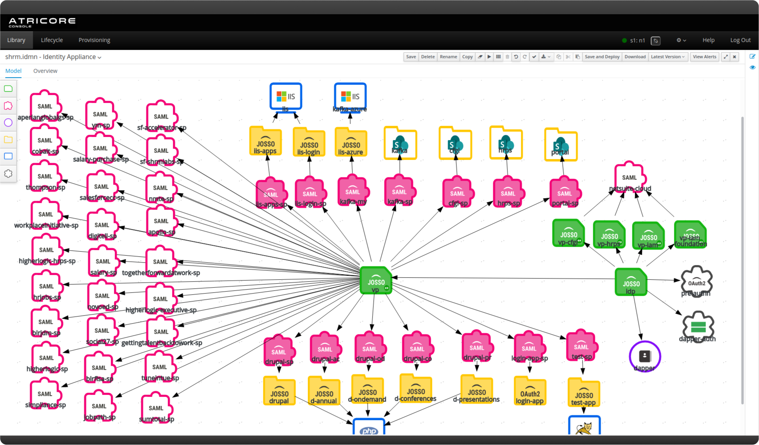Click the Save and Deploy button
click(602, 57)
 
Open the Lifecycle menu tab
click(52, 40)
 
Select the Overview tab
click(45, 71)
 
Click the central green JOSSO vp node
click(376, 280)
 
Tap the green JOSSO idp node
click(631, 282)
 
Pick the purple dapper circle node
click(645, 356)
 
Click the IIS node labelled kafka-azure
click(350, 96)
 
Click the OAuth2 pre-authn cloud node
click(697, 282)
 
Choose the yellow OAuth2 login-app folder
click(530, 392)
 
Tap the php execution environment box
click(369, 428)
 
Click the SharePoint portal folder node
click(560, 145)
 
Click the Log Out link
click(740, 40)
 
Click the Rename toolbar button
click(448, 57)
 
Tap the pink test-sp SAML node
click(581, 345)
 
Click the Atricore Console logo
click(42, 22)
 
